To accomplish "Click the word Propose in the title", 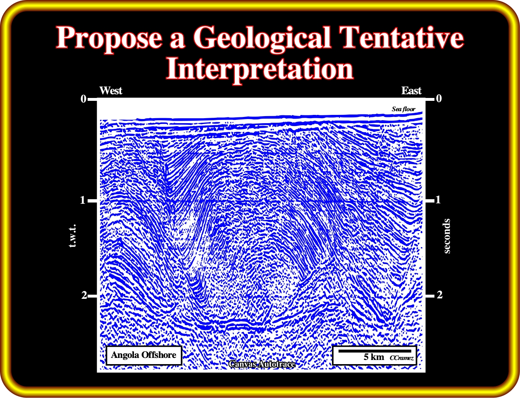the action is [109, 39].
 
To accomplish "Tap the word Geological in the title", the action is [262, 39].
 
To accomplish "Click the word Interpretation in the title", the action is [260, 69].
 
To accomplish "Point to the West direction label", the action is [111, 91].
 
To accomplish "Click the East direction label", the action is [411, 91].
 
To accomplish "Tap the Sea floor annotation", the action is [403, 109].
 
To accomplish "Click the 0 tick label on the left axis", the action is [83, 99].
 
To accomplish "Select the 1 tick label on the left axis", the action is [83, 200].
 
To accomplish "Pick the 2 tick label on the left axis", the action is [84, 296].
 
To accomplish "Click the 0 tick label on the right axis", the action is [439, 98].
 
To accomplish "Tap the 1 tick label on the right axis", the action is [438, 200].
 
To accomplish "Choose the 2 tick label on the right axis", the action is [439, 295].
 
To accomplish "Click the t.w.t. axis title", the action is [72, 236].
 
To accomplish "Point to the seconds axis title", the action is [447, 236].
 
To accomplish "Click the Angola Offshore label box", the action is [144, 355].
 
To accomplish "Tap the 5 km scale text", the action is [374, 357].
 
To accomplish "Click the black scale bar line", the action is [375, 351].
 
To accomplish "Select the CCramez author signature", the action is [401, 358].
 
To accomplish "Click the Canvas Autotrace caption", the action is [262, 364].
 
